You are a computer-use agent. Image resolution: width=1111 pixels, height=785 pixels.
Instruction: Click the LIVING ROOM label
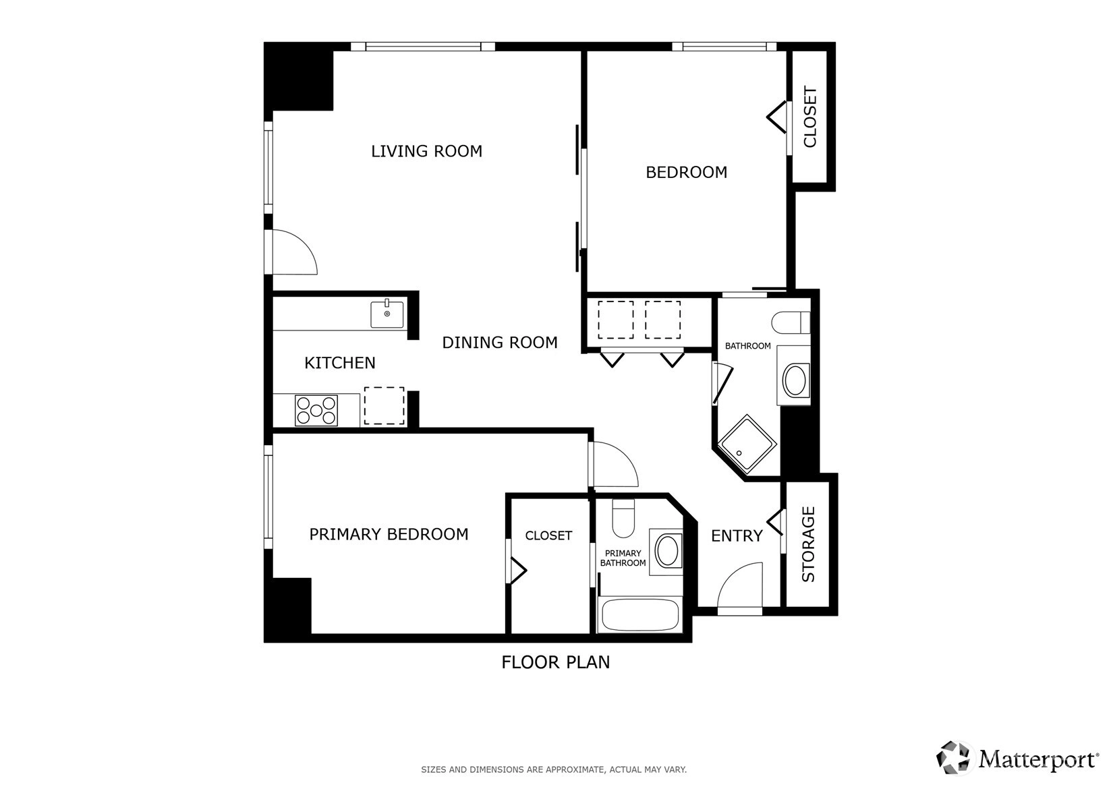pyautogui.click(x=426, y=151)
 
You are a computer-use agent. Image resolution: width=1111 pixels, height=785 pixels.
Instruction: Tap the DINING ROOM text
pyautogui.click(x=500, y=343)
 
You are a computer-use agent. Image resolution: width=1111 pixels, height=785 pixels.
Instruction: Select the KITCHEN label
pyautogui.click(x=340, y=363)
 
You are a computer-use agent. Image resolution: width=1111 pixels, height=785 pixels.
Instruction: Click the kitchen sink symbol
pyautogui.click(x=387, y=314)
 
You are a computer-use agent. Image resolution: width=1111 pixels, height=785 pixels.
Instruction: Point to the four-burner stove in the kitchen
pyautogui.click(x=316, y=411)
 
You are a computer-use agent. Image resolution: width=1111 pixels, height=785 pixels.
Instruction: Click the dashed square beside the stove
pyautogui.click(x=384, y=405)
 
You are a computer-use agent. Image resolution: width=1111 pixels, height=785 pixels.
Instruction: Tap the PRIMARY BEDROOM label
pyautogui.click(x=389, y=534)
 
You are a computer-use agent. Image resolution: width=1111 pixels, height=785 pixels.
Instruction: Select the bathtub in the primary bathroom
pyautogui.click(x=639, y=615)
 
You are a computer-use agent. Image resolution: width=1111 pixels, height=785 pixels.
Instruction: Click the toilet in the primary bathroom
pyautogui.click(x=623, y=518)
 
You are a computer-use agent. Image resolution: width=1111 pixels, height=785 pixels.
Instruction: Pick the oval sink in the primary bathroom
pyautogui.click(x=667, y=550)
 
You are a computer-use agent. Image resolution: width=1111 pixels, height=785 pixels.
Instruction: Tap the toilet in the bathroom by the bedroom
pyautogui.click(x=791, y=322)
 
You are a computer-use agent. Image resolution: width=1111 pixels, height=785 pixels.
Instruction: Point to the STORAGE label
pyautogui.click(x=808, y=544)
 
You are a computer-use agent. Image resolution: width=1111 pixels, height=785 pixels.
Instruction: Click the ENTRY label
pyautogui.click(x=737, y=536)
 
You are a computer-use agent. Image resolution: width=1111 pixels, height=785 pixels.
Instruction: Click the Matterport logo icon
pyautogui.click(x=952, y=758)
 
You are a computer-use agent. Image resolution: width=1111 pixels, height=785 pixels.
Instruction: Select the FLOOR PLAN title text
pyautogui.click(x=556, y=662)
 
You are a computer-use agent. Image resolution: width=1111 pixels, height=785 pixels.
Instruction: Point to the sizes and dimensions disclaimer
pyautogui.click(x=554, y=769)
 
